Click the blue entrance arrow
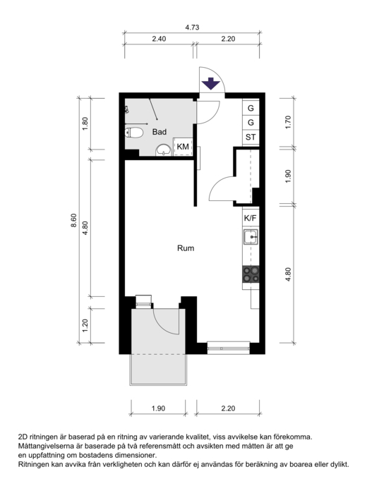click(210, 84)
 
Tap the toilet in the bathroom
click(133, 133)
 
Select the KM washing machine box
click(183, 147)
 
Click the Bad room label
click(160, 132)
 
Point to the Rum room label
click(186, 248)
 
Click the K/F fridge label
click(250, 218)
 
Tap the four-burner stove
click(251, 274)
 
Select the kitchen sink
click(251, 237)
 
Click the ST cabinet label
click(251, 137)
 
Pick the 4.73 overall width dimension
click(192, 28)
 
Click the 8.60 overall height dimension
click(73, 220)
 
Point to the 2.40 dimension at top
click(159, 39)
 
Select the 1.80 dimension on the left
click(85, 124)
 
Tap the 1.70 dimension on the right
click(288, 122)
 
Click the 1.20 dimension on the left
click(85, 325)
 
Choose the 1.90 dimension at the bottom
click(158, 408)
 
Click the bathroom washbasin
click(163, 150)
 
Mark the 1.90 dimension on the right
click(288, 176)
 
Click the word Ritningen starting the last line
click(33, 464)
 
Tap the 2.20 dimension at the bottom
click(228, 408)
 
